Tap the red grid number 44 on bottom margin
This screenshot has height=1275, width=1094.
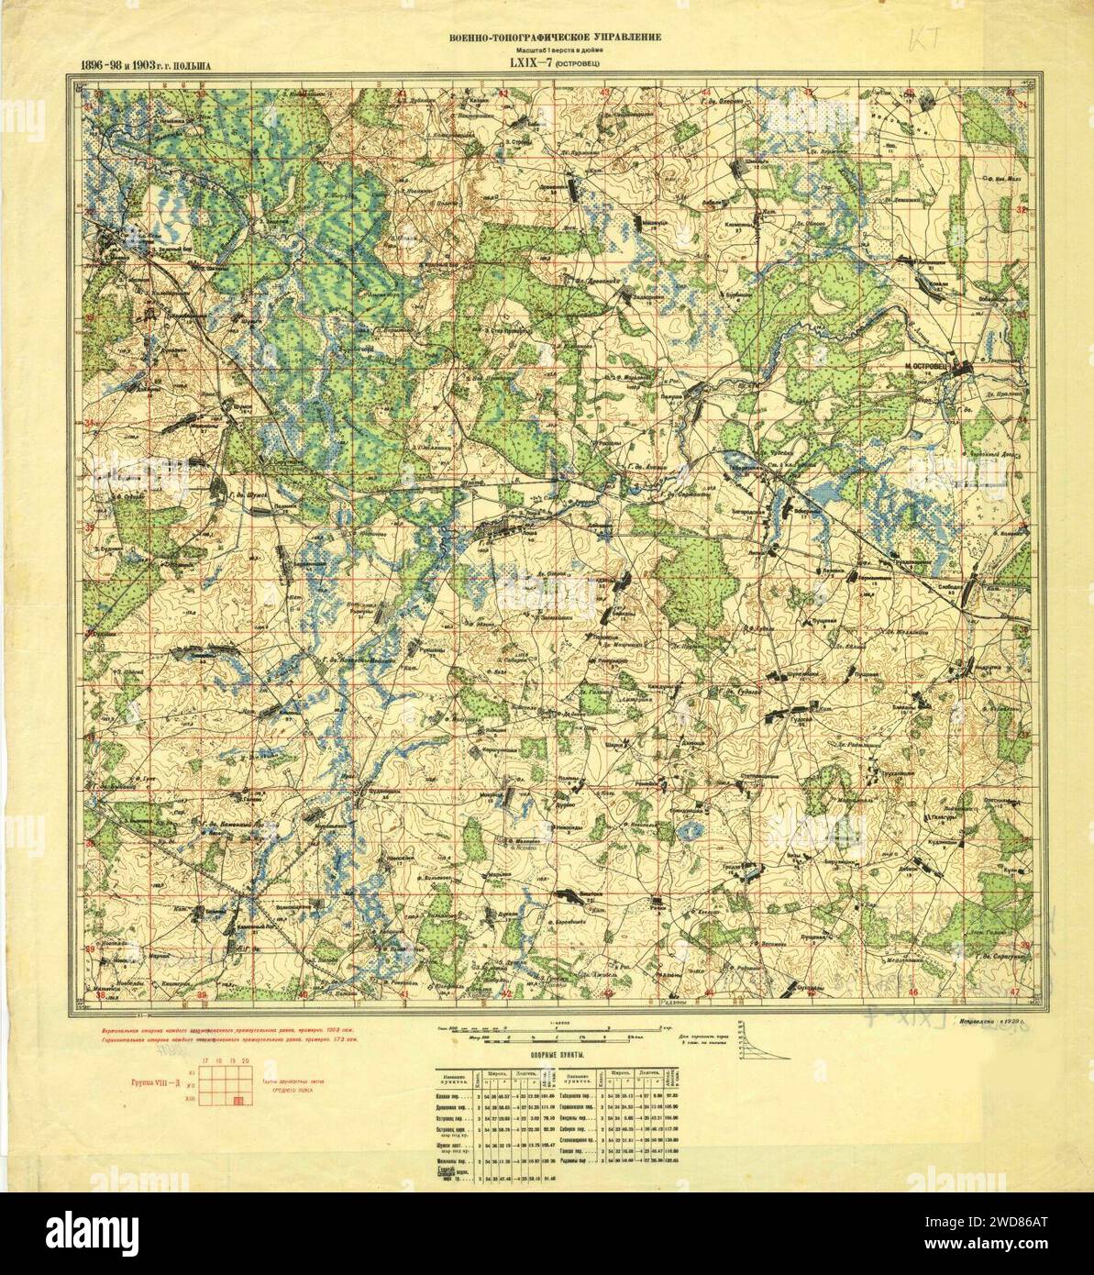click(709, 995)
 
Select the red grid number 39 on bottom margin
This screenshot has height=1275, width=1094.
click(200, 995)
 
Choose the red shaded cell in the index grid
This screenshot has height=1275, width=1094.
click(238, 1101)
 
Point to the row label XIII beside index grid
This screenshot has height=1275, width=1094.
click(191, 1099)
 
